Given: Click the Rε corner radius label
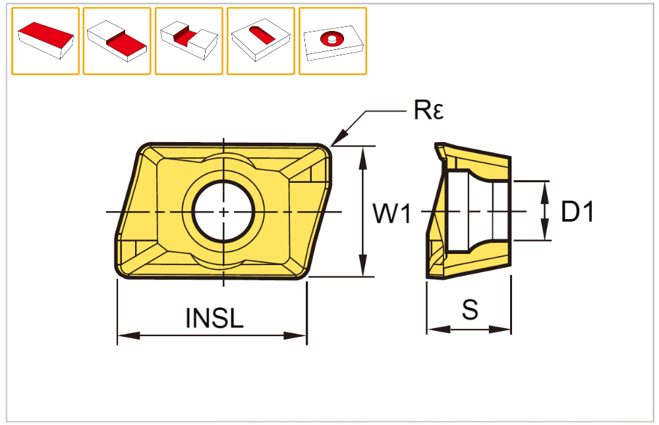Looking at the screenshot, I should (428, 111).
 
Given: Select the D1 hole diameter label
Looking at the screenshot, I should (577, 212).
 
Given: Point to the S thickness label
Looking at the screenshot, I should (470, 309).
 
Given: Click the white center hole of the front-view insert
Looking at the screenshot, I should (223, 212).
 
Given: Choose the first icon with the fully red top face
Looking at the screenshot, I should (45, 41).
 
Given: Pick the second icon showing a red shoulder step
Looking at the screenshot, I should (117, 41).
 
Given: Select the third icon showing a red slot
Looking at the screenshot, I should (188, 41).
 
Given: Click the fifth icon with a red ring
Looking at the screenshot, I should (333, 41).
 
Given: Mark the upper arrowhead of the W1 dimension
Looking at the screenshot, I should (362, 152).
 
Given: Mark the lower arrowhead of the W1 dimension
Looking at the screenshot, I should (362, 270).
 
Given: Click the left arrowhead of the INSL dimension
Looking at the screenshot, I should (124, 336).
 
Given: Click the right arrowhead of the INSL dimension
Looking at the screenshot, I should (300, 336).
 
